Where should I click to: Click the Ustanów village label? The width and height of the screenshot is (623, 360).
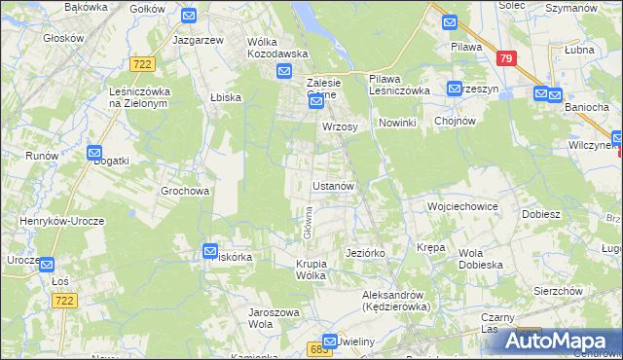pos(338,185)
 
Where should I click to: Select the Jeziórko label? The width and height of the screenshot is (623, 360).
pos(366,253)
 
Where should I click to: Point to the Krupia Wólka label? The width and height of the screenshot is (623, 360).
pos(322,270)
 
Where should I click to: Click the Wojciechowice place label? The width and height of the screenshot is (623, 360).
pos(462,207)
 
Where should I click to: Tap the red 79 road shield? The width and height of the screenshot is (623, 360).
pos(504,59)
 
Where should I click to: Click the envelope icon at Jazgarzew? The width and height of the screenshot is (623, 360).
pos(189,16)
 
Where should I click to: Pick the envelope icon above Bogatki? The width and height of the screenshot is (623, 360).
pos(94,153)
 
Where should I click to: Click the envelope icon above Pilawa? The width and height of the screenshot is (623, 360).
pos(449,22)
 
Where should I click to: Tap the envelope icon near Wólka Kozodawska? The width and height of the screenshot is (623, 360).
pos(284,71)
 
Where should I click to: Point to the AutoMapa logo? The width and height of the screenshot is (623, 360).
pos(565,341)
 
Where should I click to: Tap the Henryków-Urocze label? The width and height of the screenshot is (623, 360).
pos(54,221)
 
